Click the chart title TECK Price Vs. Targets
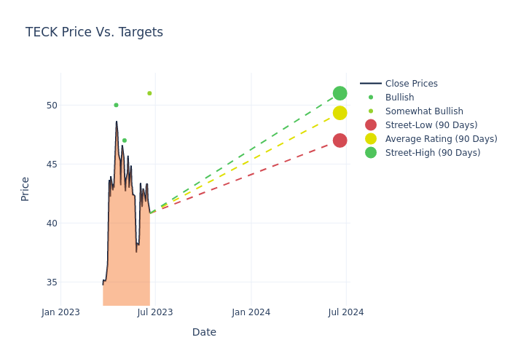[94, 32]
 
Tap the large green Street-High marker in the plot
[340, 93]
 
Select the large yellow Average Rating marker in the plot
[340, 113]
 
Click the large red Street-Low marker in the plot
[340, 141]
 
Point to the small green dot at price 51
[149, 93]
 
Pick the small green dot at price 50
[116, 105]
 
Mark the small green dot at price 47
[125, 141]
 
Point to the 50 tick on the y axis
[51, 105]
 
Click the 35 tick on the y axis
[51, 282]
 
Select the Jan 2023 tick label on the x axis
[60, 312]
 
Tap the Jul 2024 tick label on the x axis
[346, 312]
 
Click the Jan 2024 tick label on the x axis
[251, 312]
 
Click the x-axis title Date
[204, 332]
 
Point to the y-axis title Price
[25, 189]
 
